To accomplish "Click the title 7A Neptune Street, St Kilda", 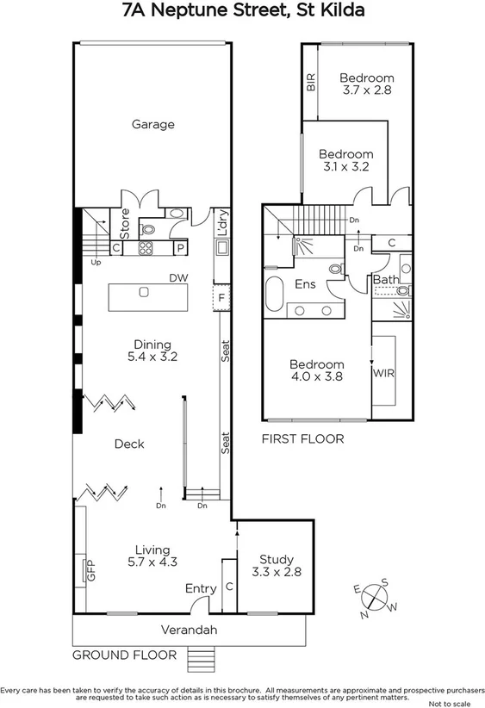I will pyautogui.click(x=242, y=11).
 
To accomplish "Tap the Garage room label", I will pyautogui.click(x=152, y=124).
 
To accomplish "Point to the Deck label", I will pyautogui.click(x=129, y=444).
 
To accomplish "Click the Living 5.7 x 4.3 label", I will pyautogui.click(x=152, y=556).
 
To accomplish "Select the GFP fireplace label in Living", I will pyautogui.click(x=89, y=570).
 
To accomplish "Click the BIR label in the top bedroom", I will pyautogui.click(x=311, y=83).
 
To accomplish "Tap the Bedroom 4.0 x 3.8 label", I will pyautogui.click(x=316, y=370).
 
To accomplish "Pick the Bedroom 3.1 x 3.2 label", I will pyautogui.click(x=346, y=161).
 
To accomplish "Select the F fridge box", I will pyautogui.click(x=221, y=298).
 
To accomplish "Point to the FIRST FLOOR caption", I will pyautogui.click(x=302, y=438).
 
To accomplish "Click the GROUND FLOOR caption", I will pyautogui.click(x=124, y=655).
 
